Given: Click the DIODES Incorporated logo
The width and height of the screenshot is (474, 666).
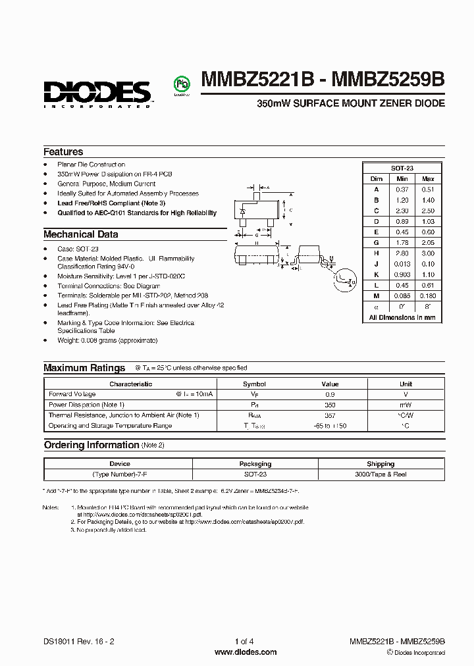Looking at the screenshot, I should (98, 92).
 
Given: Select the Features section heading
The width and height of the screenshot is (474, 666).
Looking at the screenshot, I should (63, 151).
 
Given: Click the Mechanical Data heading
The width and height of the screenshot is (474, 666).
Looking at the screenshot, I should (80, 234).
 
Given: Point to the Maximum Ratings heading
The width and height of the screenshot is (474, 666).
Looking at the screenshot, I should (84, 368).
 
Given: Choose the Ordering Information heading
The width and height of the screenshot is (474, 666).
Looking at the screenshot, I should (92, 445).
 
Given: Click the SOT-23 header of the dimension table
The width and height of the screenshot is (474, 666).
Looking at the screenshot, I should (402, 168).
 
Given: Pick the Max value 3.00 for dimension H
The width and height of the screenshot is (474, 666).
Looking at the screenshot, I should (428, 253).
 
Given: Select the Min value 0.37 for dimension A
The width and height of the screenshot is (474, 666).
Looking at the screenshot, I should (402, 190).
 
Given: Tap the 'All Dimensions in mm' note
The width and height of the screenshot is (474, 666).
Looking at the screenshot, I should (402, 317).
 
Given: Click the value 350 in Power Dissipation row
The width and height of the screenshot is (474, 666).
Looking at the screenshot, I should (330, 405).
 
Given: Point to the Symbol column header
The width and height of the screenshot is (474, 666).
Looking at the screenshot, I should (254, 384).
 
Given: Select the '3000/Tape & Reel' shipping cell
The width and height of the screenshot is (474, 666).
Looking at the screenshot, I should (381, 474).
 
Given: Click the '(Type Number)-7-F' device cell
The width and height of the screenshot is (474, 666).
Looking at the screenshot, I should (120, 474).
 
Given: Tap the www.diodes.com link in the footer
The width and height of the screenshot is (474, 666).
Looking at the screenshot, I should (246, 652).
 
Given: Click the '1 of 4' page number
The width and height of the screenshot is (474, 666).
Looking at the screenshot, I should (244, 641).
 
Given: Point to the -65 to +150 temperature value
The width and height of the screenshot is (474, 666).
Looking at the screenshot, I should (330, 426).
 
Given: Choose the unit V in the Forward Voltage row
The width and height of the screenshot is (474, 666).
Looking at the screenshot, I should (406, 394).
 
